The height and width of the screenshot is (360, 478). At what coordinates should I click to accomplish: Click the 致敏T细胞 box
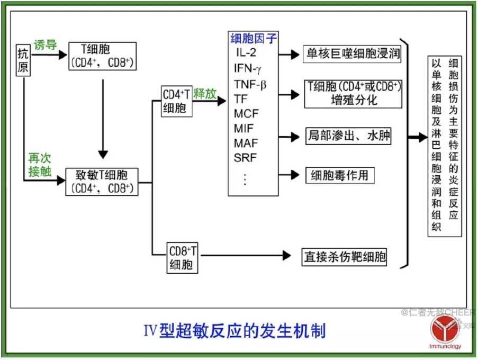click(x=101, y=181)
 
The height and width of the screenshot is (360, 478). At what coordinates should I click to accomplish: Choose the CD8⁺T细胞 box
click(x=182, y=257)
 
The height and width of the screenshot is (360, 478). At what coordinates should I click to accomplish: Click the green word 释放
click(x=205, y=94)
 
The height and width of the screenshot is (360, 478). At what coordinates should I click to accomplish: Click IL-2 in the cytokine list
click(x=246, y=53)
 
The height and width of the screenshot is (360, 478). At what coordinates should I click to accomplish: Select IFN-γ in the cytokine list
click(x=248, y=68)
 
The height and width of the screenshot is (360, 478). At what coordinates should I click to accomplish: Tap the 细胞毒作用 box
click(x=340, y=175)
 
